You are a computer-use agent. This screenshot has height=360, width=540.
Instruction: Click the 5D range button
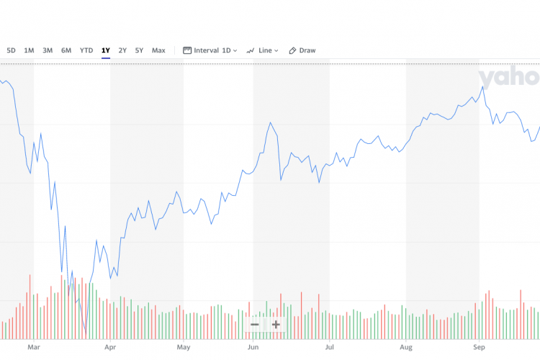(12, 50)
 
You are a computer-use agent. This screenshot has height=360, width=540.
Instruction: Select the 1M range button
(29, 50)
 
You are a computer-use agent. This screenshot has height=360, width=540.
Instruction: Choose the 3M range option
(48, 50)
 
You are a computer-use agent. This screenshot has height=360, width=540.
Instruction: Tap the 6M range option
(66, 50)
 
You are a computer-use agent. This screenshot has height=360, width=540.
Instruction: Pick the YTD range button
(86, 50)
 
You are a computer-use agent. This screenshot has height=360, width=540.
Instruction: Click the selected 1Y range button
(106, 50)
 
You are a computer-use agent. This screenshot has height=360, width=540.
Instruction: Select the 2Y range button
(122, 50)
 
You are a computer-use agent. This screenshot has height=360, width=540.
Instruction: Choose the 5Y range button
(139, 50)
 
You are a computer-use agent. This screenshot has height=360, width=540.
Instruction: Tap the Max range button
(158, 50)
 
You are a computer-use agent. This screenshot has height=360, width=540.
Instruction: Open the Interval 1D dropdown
(210, 50)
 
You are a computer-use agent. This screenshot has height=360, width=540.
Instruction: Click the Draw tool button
(302, 50)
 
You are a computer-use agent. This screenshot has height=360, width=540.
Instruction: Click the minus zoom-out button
(254, 324)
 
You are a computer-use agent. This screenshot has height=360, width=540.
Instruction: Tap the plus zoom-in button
(276, 324)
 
